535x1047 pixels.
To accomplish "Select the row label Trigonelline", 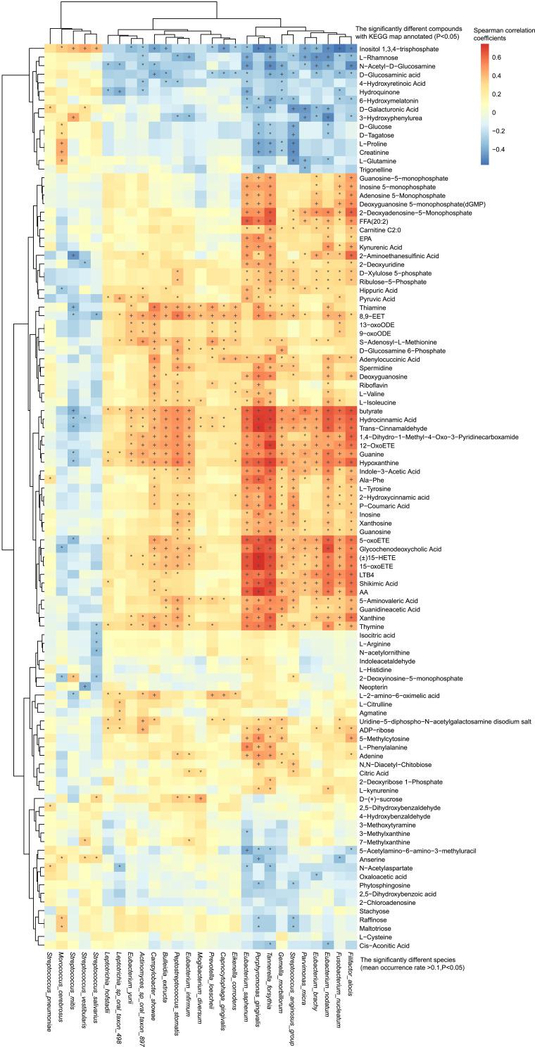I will click(x=375, y=168).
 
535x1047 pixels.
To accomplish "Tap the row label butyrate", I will click(x=370, y=408).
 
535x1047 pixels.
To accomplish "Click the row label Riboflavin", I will click(x=374, y=383).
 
